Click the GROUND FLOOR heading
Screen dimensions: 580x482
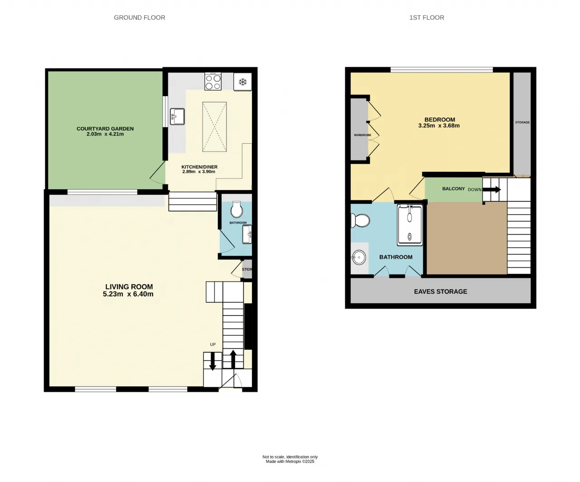click(x=140, y=18)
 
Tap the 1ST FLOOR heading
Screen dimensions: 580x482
click(x=427, y=18)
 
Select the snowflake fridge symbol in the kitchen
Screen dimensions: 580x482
click(x=243, y=82)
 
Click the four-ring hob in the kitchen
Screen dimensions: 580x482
click(x=213, y=82)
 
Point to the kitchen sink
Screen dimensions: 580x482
click(x=177, y=116)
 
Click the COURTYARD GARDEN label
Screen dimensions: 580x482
click(x=105, y=129)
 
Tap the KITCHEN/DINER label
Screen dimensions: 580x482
click(x=199, y=167)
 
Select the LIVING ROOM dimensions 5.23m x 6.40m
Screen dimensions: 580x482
click(x=128, y=294)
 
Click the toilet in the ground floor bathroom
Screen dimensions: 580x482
click(x=237, y=209)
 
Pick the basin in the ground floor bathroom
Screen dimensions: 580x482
click(x=247, y=234)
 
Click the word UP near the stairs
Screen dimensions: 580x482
click(x=213, y=345)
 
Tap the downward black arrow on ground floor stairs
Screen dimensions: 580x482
click(x=213, y=361)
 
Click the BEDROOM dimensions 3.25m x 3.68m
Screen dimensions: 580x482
click(x=439, y=126)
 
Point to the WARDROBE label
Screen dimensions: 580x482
click(x=362, y=135)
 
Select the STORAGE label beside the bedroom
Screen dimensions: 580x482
click(x=522, y=122)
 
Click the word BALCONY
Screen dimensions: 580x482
click(x=454, y=189)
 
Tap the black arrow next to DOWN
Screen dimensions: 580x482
click(x=492, y=190)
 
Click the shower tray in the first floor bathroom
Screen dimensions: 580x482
click(x=410, y=225)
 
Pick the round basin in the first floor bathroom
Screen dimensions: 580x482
click(x=358, y=258)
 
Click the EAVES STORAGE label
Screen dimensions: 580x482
click(x=440, y=292)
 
